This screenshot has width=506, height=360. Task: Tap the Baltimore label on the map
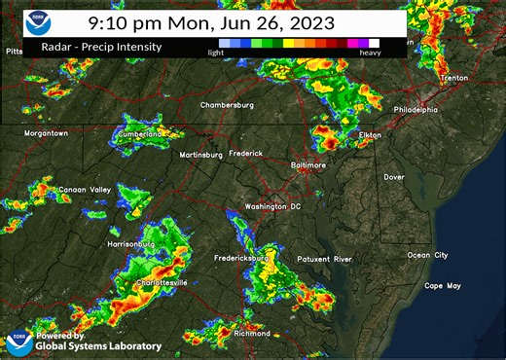click(x=307, y=165)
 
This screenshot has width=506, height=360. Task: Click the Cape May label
click(x=441, y=285)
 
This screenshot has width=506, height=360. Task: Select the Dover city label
click(x=393, y=177)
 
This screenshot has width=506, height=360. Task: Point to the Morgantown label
click(x=46, y=132)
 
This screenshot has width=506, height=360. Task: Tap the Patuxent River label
click(x=324, y=260)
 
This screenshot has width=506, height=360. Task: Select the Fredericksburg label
click(x=240, y=258)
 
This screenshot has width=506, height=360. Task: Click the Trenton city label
click(x=453, y=77)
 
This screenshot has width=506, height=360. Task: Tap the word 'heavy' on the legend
click(x=370, y=53)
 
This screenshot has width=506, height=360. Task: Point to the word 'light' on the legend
click(x=217, y=53)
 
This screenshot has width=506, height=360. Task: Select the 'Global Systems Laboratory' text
click(x=98, y=345)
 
